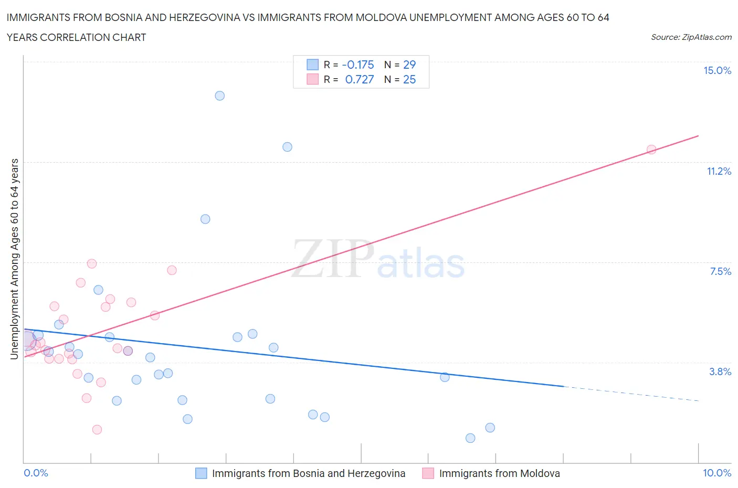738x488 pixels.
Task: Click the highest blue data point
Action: [x=220, y=96]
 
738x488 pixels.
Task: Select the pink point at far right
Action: [x=651, y=150]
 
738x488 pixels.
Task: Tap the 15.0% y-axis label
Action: [x=717, y=70]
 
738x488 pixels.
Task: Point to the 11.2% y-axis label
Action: [x=719, y=171]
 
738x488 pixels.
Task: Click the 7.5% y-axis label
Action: [x=720, y=271]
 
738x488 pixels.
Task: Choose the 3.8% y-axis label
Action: [x=720, y=372]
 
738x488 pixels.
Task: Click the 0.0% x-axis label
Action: [x=36, y=473]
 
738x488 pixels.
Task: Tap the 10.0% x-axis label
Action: [x=717, y=473]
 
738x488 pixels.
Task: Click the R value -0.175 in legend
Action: [x=358, y=65]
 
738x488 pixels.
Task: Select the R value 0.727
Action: [x=360, y=79]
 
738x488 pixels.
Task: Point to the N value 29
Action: [x=409, y=65]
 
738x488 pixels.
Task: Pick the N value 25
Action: [x=409, y=79]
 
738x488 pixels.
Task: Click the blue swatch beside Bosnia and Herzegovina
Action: [x=201, y=473]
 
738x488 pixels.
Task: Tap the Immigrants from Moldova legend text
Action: [x=499, y=473]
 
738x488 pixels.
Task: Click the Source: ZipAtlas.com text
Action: [x=691, y=37]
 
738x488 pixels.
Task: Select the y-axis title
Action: [x=14, y=259]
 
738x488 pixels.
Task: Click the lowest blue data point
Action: [x=470, y=438]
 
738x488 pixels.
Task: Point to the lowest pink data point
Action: [x=97, y=430]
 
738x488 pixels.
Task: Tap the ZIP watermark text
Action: [x=333, y=258]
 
